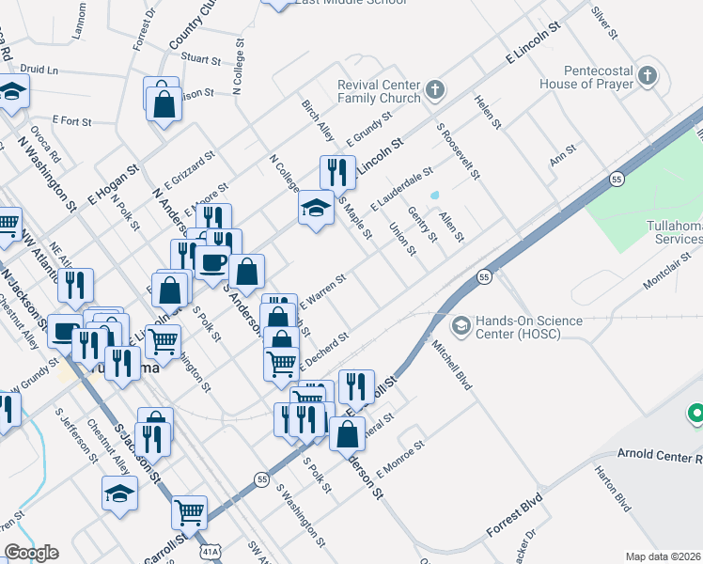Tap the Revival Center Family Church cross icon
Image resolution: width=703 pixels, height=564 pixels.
pos(433,91)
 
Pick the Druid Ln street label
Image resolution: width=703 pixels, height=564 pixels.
pos(39,70)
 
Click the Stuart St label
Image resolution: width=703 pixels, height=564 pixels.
pos(200,58)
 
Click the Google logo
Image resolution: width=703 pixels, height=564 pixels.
pos(31,553)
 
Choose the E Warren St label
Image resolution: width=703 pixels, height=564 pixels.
pos(323,290)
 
